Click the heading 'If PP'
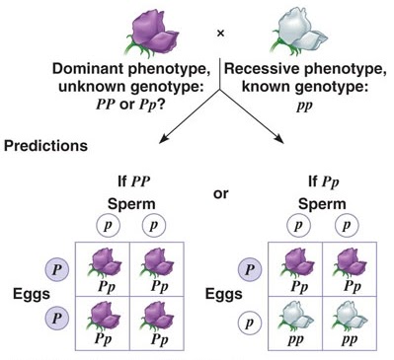(x=136, y=181)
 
